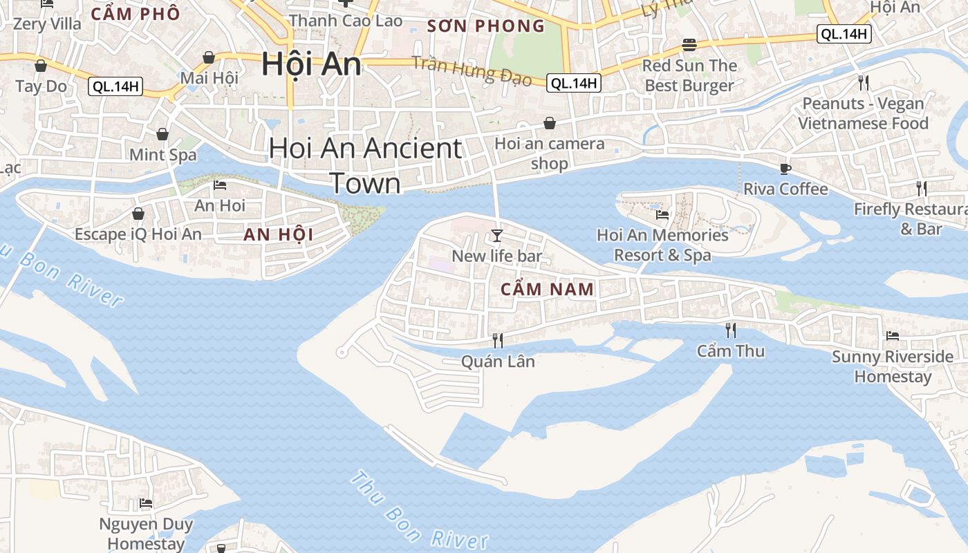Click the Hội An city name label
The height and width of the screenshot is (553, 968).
pos(311,64)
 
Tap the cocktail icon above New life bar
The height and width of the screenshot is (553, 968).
pos(496,236)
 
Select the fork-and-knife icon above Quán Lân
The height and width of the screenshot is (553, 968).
pos(497,339)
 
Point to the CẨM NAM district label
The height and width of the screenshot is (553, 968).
pos(547,290)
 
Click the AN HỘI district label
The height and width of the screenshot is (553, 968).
pos(278,234)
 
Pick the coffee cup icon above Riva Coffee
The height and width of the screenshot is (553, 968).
pos(785,169)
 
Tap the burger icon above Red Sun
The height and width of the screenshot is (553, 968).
pos(689,45)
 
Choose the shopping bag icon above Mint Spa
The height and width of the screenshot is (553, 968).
pos(162,133)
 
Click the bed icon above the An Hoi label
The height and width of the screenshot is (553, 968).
pos(220,185)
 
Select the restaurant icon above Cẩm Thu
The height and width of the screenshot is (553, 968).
pos(730,330)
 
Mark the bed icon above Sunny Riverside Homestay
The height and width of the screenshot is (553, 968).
pos(893,336)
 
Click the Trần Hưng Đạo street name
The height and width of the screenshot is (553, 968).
pos(472,71)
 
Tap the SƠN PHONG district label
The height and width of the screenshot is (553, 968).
pos(486,26)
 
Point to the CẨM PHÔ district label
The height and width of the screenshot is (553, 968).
pos(136,14)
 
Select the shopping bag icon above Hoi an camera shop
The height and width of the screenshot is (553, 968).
pos(549,123)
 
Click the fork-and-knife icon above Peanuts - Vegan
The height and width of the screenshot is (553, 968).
pos(863,83)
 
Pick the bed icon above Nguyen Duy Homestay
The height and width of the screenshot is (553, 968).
pos(146,503)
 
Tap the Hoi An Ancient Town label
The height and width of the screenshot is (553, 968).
pos(365,166)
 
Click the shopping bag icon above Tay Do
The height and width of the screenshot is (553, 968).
pos(41,66)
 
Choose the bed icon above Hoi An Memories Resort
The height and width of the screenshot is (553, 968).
pos(662,214)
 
